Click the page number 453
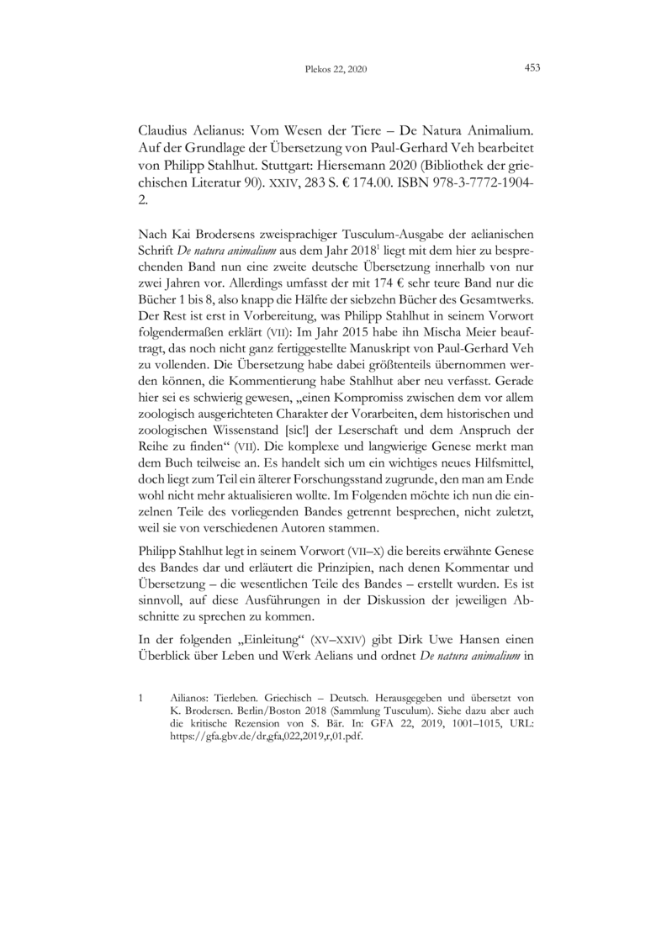[531, 68]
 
